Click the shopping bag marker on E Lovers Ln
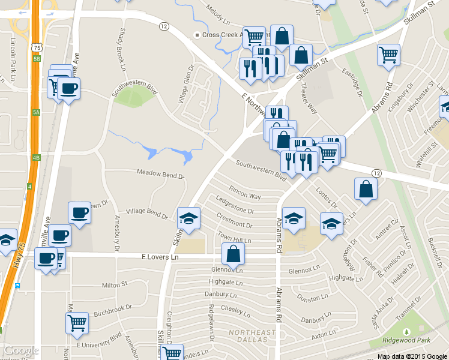(233, 254)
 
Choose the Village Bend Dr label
(146, 214)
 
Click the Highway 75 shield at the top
(37, 47)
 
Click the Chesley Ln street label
(235, 310)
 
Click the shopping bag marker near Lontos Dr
(366, 189)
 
